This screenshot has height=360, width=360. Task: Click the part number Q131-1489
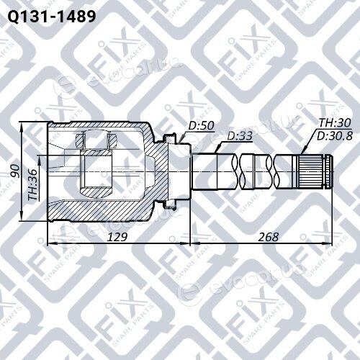pos(52,17)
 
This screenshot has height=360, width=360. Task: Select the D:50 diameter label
pos(201,125)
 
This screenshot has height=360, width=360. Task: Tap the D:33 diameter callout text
pos(240,136)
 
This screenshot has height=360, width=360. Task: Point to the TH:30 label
pos(335,122)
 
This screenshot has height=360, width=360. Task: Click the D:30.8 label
pos(335,136)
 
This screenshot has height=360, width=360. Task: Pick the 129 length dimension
pos(117,237)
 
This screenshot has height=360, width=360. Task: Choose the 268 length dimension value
pos(269,237)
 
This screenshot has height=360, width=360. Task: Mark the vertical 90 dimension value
pos(16,171)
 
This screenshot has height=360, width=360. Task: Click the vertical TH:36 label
pos(32,185)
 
